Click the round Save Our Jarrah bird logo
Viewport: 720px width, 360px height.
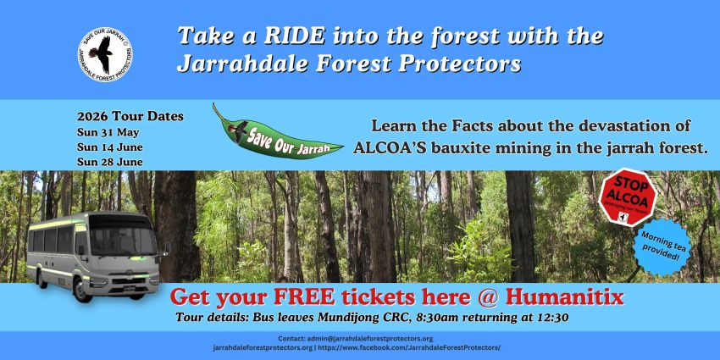(x=106, y=50)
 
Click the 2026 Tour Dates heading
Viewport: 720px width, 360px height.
(x=130, y=116)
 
